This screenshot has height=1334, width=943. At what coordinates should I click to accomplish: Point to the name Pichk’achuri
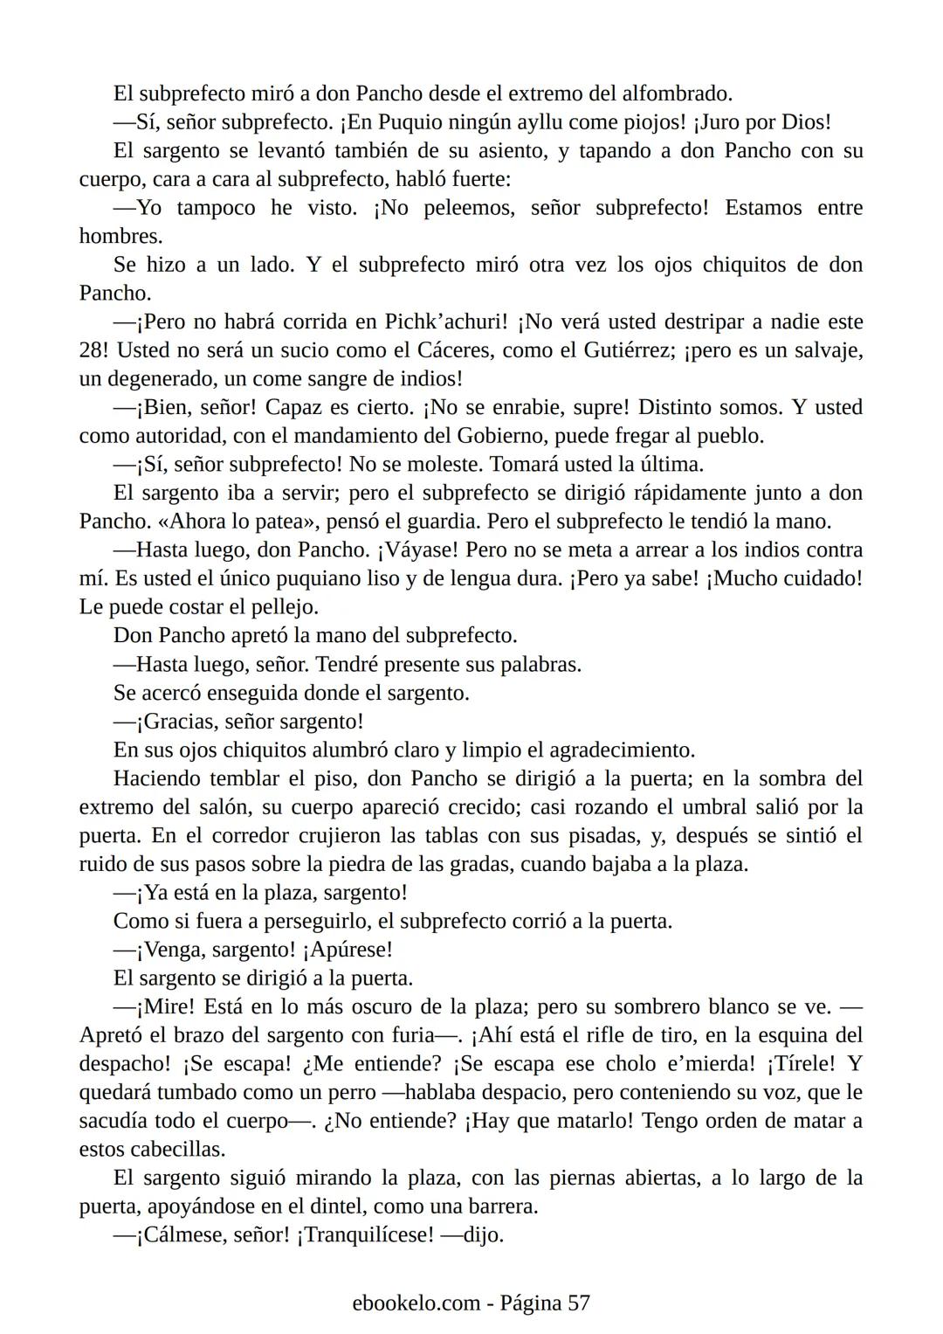point(445,321)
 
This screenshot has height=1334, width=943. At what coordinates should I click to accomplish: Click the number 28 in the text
point(91,350)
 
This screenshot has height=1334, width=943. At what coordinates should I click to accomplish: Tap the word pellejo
point(277,607)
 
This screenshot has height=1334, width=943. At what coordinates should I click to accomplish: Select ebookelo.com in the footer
point(416,1303)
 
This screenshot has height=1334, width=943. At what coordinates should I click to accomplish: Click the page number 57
point(579,1303)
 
